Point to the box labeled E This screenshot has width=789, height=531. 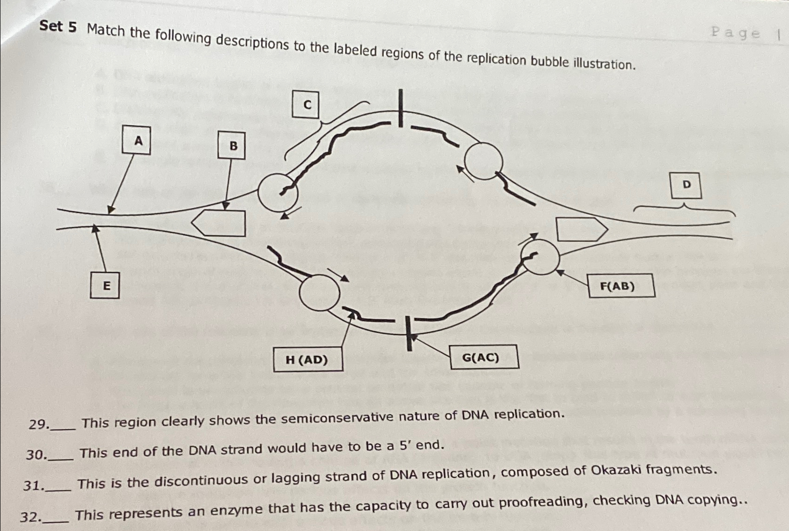click(x=105, y=285)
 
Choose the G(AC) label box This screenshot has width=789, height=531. click(x=483, y=357)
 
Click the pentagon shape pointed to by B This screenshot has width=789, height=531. click(x=219, y=223)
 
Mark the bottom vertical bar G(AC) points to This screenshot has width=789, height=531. click(x=409, y=333)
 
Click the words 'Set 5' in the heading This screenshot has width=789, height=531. click(x=58, y=26)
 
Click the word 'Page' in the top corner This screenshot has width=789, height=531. click(x=735, y=33)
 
